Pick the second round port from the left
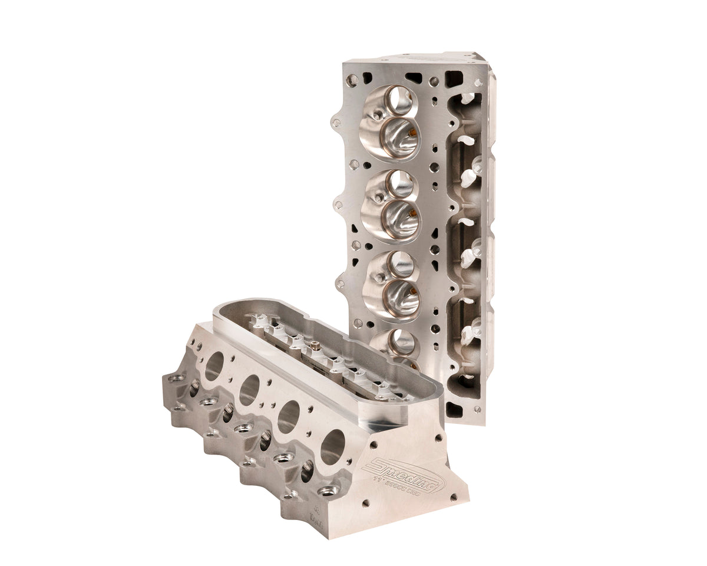click(x=249, y=390)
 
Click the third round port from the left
click(x=288, y=416)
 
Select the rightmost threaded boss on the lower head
click(x=328, y=490)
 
